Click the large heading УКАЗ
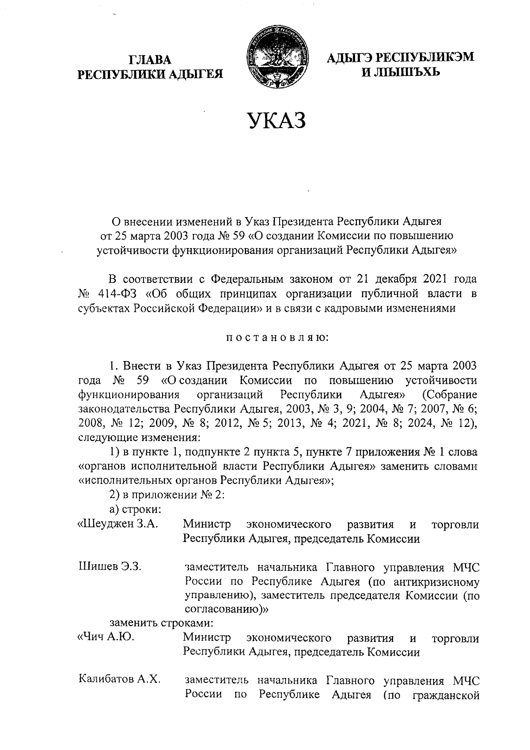point(276,121)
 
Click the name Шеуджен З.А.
point(118,524)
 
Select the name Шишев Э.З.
point(110,566)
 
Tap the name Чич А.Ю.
point(106,637)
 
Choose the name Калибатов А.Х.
point(119,679)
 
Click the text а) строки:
point(135,510)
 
